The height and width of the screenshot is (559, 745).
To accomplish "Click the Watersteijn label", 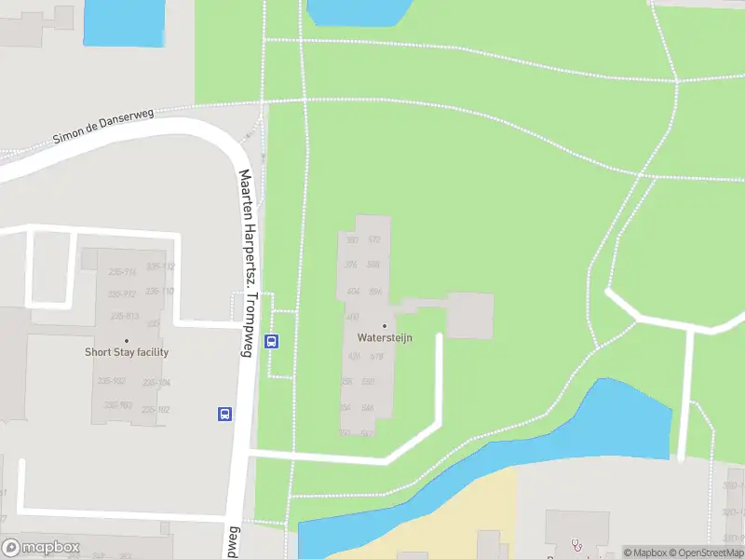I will tap(384, 338).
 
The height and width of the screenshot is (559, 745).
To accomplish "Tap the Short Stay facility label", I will tap(127, 352).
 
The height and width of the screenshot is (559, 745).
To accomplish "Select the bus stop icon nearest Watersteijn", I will tap(271, 340).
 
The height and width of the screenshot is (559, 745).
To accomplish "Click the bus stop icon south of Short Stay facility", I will tap(224, 414).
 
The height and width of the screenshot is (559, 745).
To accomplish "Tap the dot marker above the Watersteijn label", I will tap(384, 326).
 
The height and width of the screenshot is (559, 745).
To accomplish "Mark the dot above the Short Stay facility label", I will tap(127, 340).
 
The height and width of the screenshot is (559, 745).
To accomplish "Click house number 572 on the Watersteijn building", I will tap(374, 240).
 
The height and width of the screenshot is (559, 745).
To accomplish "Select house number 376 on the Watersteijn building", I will tap(351, 265).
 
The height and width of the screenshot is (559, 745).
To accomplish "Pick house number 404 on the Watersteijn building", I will tap(353, 292).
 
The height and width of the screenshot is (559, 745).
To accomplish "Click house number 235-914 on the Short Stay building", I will tap(123, 272).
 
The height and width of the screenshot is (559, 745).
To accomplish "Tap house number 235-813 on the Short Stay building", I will tap(124, 317).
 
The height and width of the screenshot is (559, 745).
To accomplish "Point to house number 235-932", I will tap(111, 382).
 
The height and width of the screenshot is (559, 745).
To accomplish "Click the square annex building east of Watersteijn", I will tap(469, 315).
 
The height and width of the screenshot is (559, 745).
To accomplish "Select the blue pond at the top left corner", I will tap(122, 22).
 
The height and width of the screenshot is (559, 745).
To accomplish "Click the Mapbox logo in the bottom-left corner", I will tap(40, 548).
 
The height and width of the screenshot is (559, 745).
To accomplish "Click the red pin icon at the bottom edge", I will tap(576, 544).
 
